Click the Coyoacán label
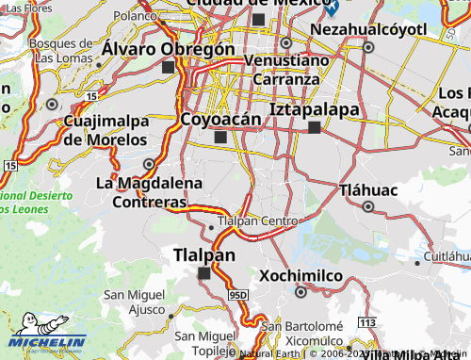pos(219,119)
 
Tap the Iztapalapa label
pos(315,109)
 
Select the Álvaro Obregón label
pos(169,49)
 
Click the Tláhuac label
pos(368,188)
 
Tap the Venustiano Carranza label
pos(288,69)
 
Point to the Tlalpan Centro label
pos(257,221)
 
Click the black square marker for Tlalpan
pos(204,273)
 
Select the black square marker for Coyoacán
pos(220,138)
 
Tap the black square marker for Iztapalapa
pos(315,128)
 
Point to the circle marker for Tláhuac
pos(368,206)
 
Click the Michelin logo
pos(47,343)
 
